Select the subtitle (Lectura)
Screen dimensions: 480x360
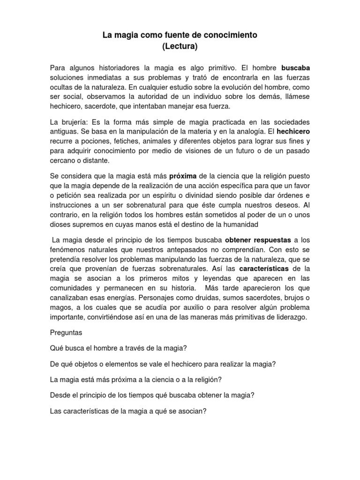[x=180, y=46]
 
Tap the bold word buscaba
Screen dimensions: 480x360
[x=295, y=67]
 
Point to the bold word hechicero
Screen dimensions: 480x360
[x=293, y=131]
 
